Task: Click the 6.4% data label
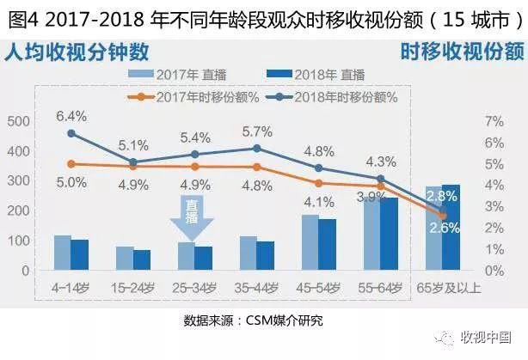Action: click(x=71, y=115)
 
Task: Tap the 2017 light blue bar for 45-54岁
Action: click(x=310, y=242)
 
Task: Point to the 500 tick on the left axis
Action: click(x=17, y=121)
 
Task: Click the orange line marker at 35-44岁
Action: click(x=257, y=167)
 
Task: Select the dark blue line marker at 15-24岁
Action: click(x=133, y=162)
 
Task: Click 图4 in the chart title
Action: click(x=21, y=17)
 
